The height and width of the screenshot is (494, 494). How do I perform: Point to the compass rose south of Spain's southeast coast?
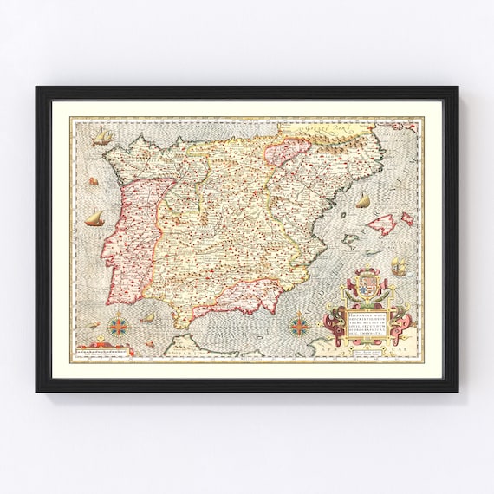[x=300, y=327]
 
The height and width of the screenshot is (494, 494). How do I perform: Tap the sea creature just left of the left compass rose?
[x=94, y=326]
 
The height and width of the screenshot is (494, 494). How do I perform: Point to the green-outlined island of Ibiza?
[x=345, y=251]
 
